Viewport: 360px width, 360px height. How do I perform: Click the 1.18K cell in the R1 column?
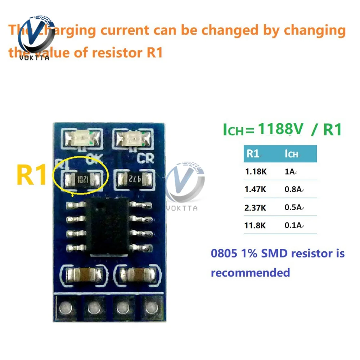coord(256,172)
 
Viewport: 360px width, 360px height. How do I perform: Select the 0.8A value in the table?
coord(294,189)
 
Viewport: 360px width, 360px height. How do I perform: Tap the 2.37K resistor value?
coord(256,208)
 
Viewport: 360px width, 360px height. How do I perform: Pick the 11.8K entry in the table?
coord(256,226)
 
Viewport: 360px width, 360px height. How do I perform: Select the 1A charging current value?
coord(289,172)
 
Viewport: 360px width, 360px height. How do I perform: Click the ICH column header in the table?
coord(291,154)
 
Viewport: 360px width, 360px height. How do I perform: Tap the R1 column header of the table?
coord(253,154)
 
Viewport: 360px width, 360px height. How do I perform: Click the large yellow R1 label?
coord(32,175)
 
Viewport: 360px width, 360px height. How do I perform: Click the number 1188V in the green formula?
coord(281,130)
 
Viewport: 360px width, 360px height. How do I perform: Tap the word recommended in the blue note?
coord(250,273)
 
